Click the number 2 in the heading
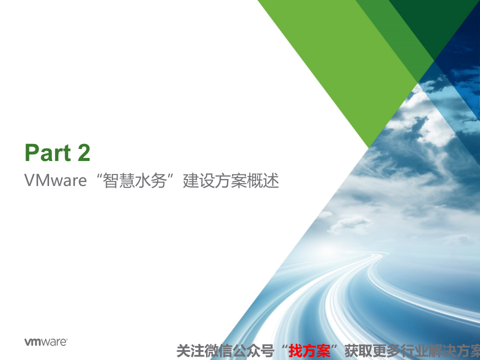pyautogui.click(x=83, y=153)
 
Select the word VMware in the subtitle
pyautogui.click(x=55, y=180)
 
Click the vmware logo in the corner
pyautogui.click(x=45, y=342)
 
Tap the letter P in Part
pyautogui.click(x=31, y=153)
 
